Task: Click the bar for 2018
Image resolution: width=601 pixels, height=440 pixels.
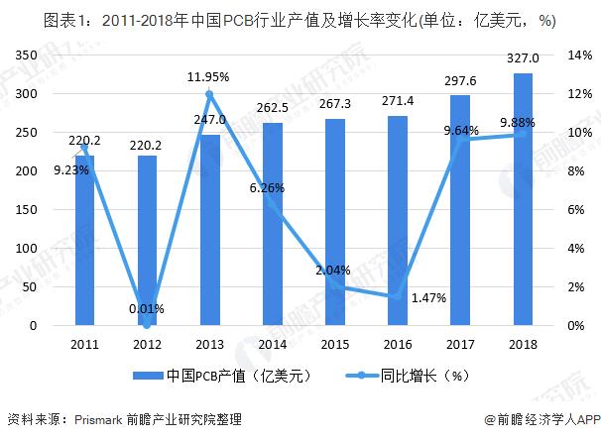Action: click(x=523, y=199)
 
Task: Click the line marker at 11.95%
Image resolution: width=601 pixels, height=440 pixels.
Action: click(x=209, y=94)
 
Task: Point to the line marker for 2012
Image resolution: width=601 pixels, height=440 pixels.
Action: click(x=147, y=325)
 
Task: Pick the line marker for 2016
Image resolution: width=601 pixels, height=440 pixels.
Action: click(x=397, y=296)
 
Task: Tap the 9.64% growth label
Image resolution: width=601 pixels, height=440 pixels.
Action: click(x=460, y=129)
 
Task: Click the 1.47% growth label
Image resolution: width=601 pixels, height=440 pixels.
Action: click(x=427, y=297)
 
